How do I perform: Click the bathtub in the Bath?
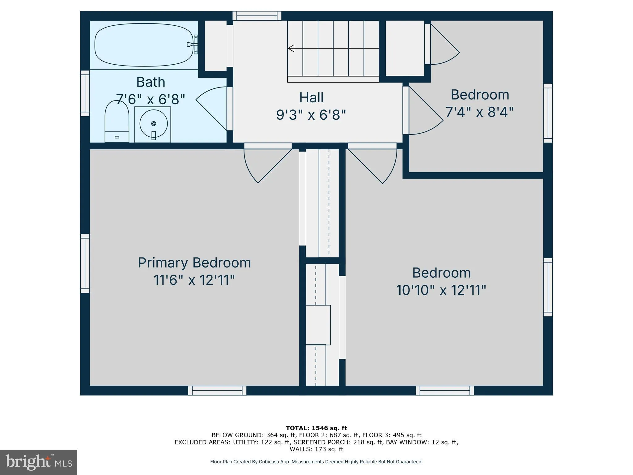click(143, 45)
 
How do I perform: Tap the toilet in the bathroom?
click(117, 122)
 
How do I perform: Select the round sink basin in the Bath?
click(153, 124)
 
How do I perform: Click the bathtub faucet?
click(192, 45)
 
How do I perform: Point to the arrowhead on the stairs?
click(291, 48)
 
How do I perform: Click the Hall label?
click(311, 98)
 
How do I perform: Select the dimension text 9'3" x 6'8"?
click(311, 115)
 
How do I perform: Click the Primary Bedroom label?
click(194, 263)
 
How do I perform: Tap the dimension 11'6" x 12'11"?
click(194, 280)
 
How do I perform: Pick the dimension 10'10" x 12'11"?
click(441, 290)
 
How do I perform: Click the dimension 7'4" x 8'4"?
click(479, 112)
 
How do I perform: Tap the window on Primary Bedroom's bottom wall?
click(217, 391)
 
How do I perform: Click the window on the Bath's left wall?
click(85, 93)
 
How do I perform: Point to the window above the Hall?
click(257, 16)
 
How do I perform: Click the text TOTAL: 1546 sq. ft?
click(316, 428)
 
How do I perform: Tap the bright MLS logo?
click(39, 462)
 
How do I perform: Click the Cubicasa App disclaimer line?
click(316, 462)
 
